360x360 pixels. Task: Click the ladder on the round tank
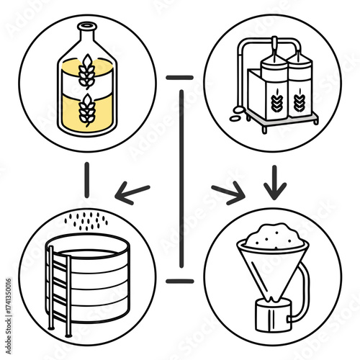60,288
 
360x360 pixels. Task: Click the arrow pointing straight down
274,184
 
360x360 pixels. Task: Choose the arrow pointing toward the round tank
133,192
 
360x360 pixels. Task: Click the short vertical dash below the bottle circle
86,179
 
